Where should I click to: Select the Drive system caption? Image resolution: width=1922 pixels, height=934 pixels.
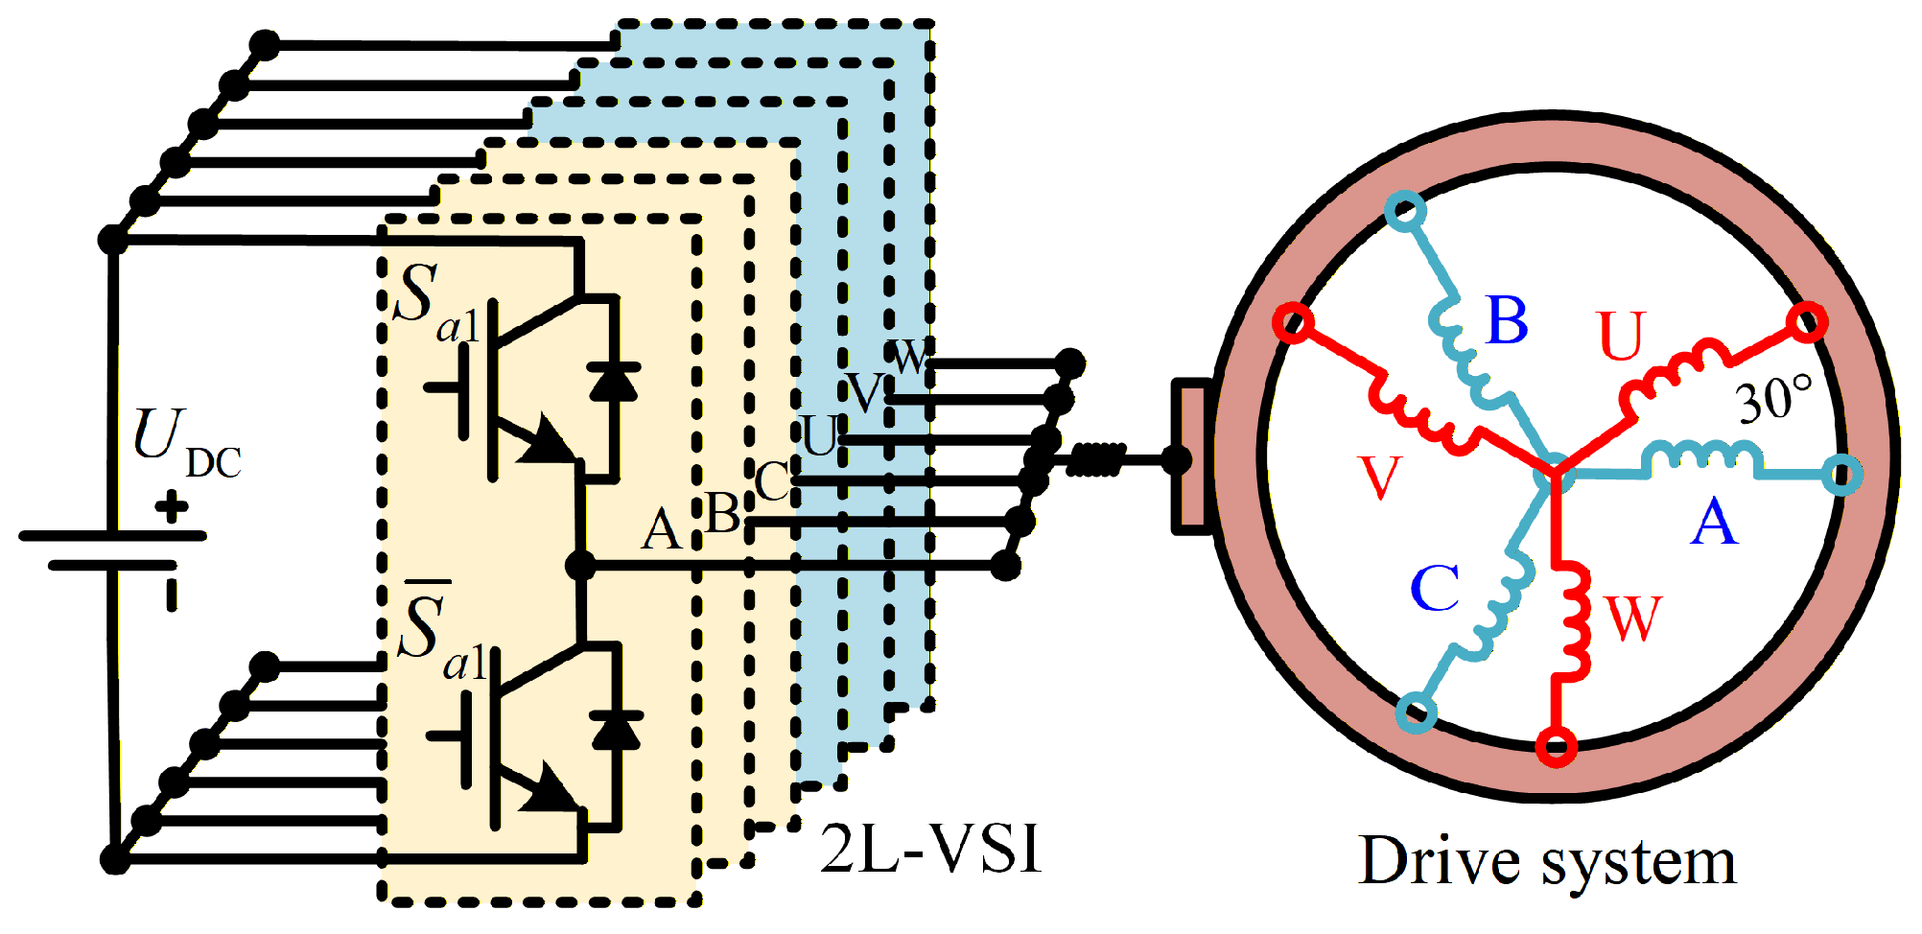click(1546, 862)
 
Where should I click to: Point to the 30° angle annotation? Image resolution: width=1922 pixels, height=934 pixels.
click(1774, 399)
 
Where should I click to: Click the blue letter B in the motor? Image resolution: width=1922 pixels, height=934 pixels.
click(1507, 320)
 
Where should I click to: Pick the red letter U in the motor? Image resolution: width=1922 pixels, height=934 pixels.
click(1621, 337)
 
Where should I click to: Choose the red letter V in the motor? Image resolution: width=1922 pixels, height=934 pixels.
click(1380, 478)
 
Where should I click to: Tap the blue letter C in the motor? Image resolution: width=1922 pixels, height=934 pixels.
click(1435, 588)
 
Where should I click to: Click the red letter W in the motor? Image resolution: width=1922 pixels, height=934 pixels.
click(1631, 619)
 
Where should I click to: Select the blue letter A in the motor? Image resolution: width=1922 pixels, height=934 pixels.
click(1714, 524)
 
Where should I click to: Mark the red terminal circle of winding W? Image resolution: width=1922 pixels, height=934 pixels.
click(1556, 746)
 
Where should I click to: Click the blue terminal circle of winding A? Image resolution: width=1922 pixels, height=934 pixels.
click(1841, 475)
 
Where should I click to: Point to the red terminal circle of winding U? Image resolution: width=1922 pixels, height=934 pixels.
click(1808, 321)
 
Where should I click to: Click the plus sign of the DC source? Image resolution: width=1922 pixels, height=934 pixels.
click(172, 506)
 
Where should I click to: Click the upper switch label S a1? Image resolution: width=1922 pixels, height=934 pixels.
click(436, 302)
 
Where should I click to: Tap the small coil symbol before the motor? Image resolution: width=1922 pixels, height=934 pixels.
click(1094, 459)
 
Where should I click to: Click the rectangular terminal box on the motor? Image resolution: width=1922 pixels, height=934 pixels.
click(1192, 455)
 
